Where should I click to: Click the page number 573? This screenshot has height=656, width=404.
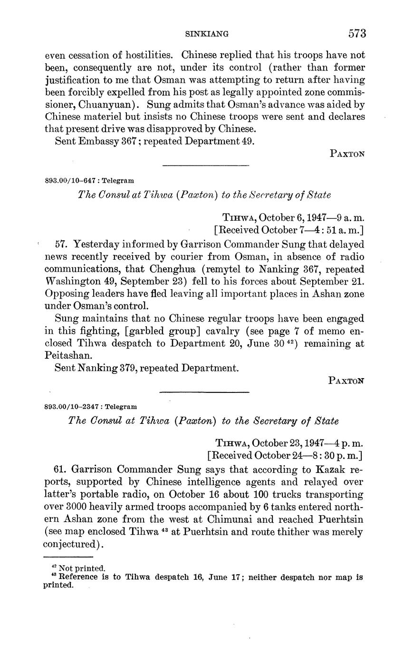click(x=356, y=33)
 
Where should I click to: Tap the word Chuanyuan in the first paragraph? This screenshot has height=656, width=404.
click(x=106, y=104)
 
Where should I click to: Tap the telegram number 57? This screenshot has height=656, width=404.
click(x=60, y=245)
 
